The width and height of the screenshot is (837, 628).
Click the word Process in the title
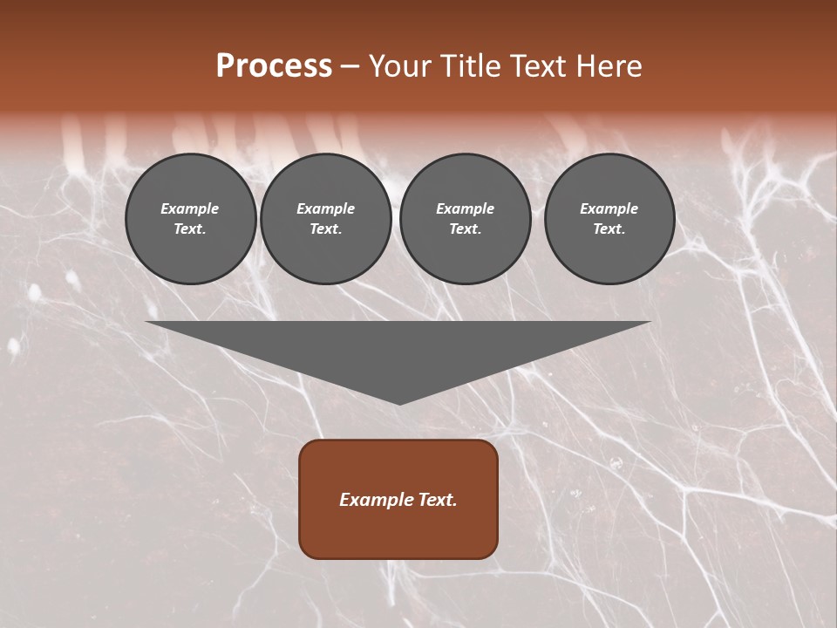(274, 65)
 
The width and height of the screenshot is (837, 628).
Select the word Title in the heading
(469, 66)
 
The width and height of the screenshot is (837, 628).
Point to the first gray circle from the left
(191, 219)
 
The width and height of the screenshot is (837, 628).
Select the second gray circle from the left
(326, 219)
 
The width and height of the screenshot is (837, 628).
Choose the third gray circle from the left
(465, 219)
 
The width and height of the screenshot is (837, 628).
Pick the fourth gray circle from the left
(609, 219)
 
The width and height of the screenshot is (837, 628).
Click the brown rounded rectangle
(398, 499)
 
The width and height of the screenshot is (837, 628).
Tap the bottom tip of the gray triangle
(399, 402)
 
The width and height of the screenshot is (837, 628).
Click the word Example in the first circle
(190, 208)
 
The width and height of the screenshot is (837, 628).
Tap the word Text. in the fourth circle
(609, 229)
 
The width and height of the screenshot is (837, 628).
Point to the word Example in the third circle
(465, 208)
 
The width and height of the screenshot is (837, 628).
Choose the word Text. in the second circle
(325, 229)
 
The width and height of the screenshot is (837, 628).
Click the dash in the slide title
(350, 66)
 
